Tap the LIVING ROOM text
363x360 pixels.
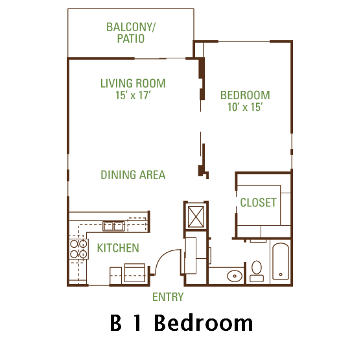(x=133, y=84)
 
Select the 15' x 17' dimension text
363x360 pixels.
(x=133, y=96)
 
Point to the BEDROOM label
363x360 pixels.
(x=245, y=95)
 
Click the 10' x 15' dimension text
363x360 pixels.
(x=245, y=108)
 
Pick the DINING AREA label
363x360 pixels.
(x=133, y=174)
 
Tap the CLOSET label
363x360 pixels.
(x=258, y=202)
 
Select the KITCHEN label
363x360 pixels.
(x=117, y=248)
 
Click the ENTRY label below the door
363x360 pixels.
(x=168, y=297)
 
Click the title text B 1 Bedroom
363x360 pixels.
(x=181, y=322)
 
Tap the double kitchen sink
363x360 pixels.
(x=114, y=226)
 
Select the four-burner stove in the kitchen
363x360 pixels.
(x=79, y=250)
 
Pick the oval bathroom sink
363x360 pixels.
(x=234, y=276)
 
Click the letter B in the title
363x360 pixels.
(x=116, y=322)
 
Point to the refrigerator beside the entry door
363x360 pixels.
(x=135, y=272)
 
